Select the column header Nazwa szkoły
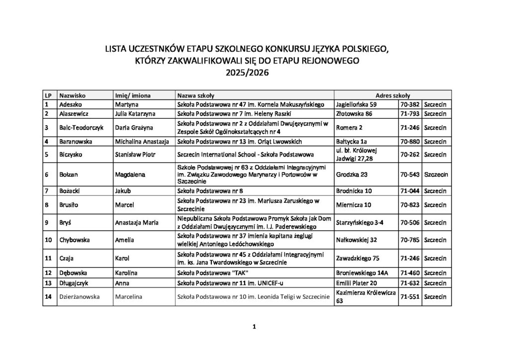coord(195,94)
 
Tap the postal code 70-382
coord(410,105)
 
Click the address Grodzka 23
coord(352,175)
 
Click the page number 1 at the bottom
coord(254,327)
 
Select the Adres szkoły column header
coord(393,94)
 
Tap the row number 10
coord(49,240)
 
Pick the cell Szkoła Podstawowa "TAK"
coord(213,273)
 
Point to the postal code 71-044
coord(410,190)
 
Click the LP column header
coord(49,94)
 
